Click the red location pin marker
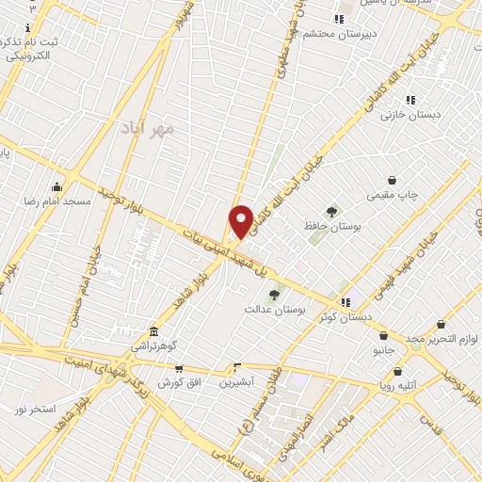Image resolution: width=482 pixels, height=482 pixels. tap(242, 221)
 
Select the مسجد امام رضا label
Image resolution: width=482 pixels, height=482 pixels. tap(57, 201)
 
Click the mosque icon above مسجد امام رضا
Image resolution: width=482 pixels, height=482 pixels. tap(57, 185)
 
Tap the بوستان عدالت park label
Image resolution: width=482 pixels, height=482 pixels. tap(271, 309)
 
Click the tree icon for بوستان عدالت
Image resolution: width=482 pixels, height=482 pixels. tap(274, 295)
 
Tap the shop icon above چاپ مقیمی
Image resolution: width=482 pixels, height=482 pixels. tap(392, 180)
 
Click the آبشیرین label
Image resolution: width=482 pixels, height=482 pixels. tap(236, 382)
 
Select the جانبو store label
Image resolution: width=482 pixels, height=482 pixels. tap(383, 350)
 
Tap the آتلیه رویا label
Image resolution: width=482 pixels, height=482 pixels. tap(398, 385)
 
